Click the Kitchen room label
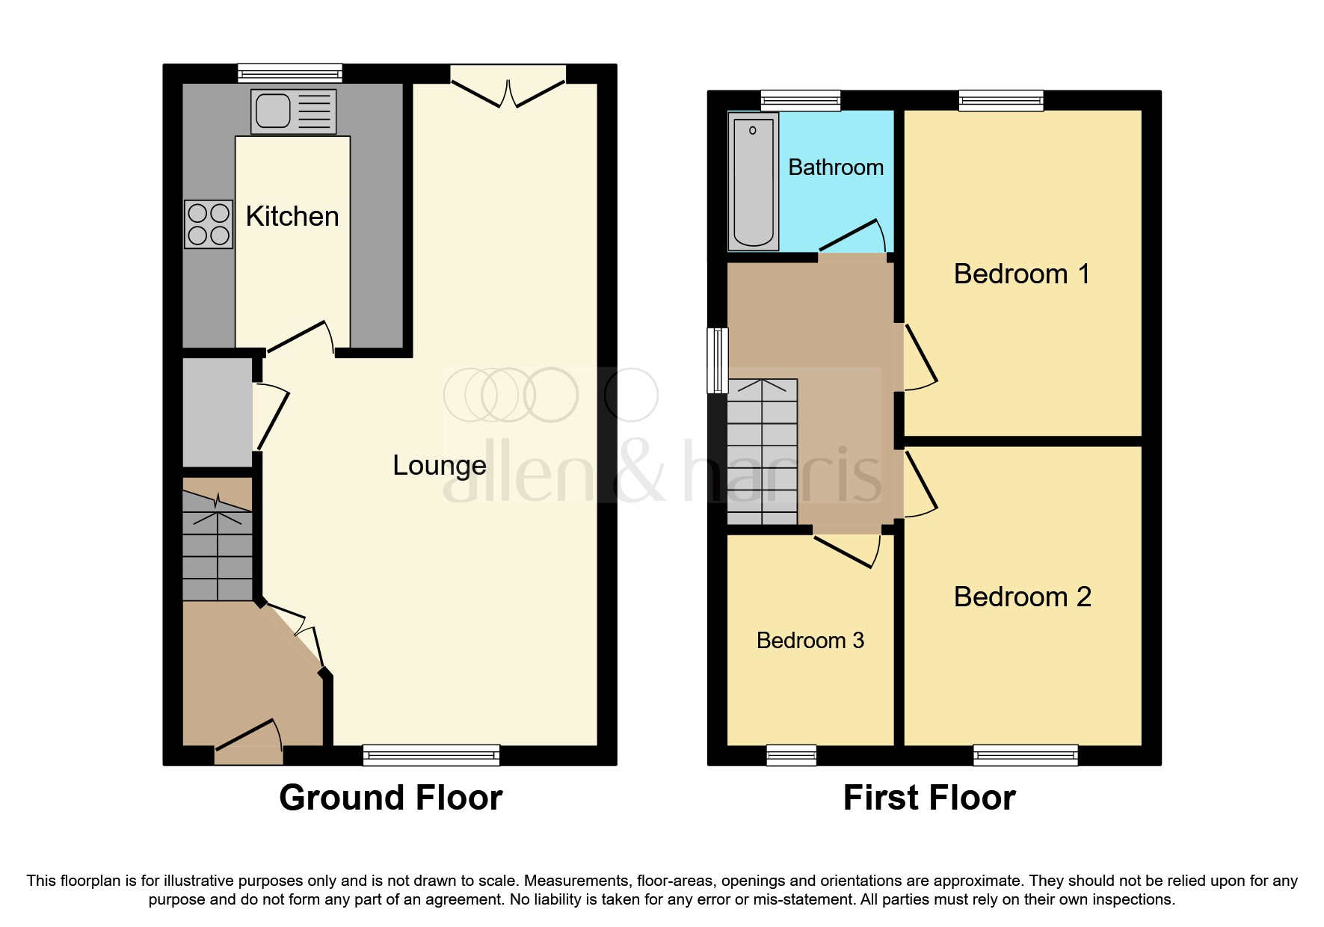pyautogui.click(x=292, y=217)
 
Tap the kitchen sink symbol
pyautogui.click(x=293, y=111)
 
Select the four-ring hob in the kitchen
pyautogui.click(x=209, y=224)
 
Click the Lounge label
pyautogui.click(x=440, y=466)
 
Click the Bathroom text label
pyautogui.click(x=836, y=167)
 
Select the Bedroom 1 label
pyautogui.click(x=1021, y=274)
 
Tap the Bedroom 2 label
pyautogui.click(x=1022, y=597)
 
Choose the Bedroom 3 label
pyautogui.click(x=810, y=641)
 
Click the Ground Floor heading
pyautogui.click(x=390, y=798)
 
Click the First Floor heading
pyautogui.click(x=929, y=798)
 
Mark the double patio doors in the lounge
pyautogui.click(x=508, y=86)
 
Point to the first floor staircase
pyautogui.click(x=762, y=452)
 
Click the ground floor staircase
pyautogui.click(x=218, y=546)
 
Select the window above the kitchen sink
pyautogui.click(x=290, y=73)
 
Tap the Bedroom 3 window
pyautogui.click(x=791, y=756)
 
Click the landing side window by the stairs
pyautogui.click(x=718, y=360)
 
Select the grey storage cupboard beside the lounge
pyautogui.click(x=217, y=413)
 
